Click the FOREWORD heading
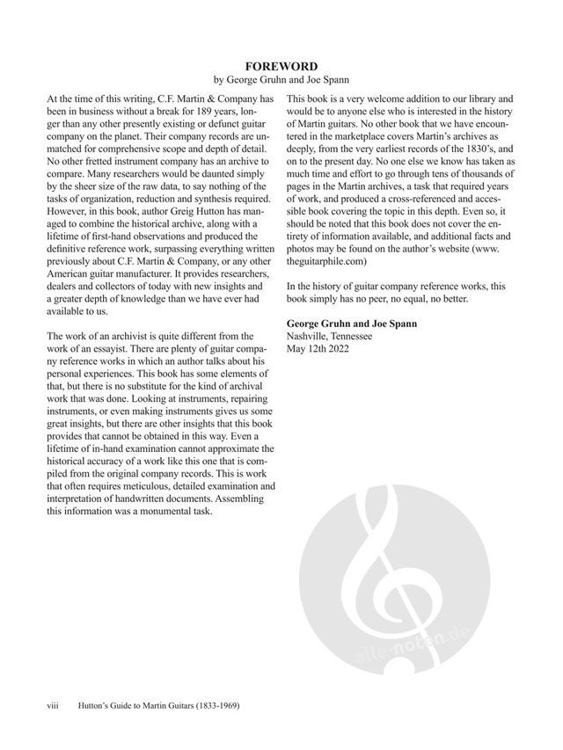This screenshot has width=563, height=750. click(281, 66)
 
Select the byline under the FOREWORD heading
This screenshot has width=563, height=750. click(281, 80)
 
